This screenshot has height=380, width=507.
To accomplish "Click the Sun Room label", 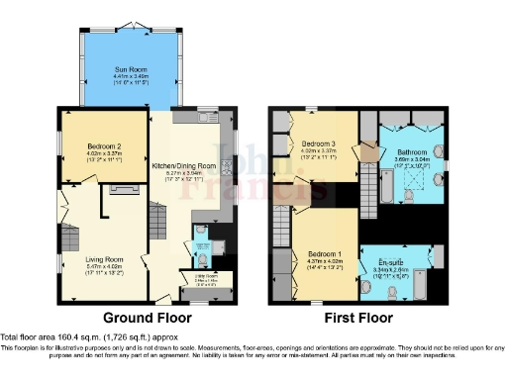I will (130, 70).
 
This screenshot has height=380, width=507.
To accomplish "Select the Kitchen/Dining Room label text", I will (192, 165).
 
